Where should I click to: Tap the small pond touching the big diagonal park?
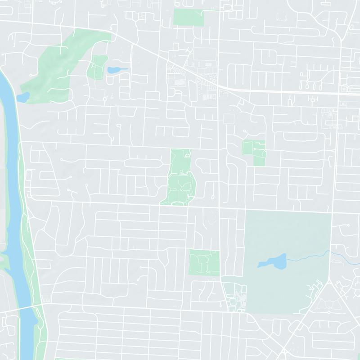[22, 97]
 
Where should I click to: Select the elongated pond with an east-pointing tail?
[115, 70]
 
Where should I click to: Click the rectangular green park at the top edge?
[189, 17]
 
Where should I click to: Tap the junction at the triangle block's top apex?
[330, 279]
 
